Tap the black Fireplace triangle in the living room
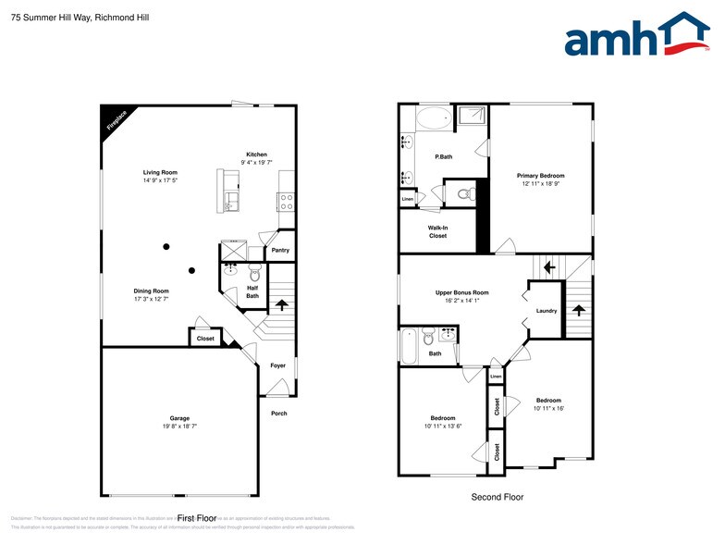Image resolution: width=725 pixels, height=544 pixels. (x=113, y=117)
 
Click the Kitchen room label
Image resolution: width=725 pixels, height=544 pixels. (x=256, y=155)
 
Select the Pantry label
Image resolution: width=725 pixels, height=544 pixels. (x=279, y=250)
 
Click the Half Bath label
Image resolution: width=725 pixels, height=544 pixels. (x=252, y=291)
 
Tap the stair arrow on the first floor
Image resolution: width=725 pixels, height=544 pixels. (x=281, y=303)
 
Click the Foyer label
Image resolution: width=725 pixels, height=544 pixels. (x=277, y=365)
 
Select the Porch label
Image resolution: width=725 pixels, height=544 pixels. (x=278, y=414)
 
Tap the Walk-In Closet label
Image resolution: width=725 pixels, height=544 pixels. (x=437, y=231)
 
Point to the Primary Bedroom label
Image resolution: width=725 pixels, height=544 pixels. (x=540, y=176)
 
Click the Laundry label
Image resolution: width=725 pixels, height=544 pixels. (x=547, y=311)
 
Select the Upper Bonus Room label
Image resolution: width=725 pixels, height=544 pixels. (x=461, y=292)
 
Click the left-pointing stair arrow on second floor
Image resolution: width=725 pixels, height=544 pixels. (x=549, y=268)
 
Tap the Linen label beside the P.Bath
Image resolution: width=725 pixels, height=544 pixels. (x=407, y=199)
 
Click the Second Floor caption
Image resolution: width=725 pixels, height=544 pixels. (x=497, y=497)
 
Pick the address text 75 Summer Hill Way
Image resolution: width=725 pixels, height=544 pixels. (x=52, y=18)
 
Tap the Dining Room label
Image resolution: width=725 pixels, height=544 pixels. (x=151, y=291)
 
